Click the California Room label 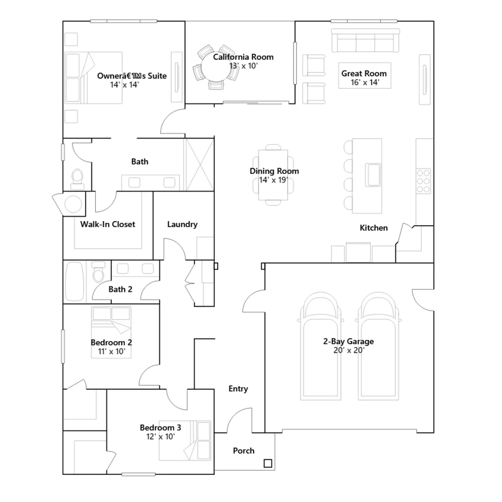[x=243, y=57]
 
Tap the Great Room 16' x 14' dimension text [x=365, y=83]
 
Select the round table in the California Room [x=216, y=67]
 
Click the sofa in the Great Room [x=365, y=40]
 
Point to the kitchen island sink [x=373, y=175]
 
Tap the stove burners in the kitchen [x=423, y=181]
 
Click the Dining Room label [x=274, y=171]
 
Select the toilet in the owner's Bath [x=77, y=179]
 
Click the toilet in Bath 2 [x=98, y=272]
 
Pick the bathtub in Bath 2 [x=75, y=281]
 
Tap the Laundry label [x=182, y=224]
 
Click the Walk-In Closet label [x=108, y=224]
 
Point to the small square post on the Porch [x=268, y=463]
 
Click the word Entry [x=238, y=389]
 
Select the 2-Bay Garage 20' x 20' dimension [x=349, y=350]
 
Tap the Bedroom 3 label [x=160, y=428]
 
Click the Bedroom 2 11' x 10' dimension [x=111, y=351]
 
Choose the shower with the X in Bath [x=200, y=165]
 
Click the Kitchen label [x=374, y=228]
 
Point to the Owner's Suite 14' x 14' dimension [x=124, y=85]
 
